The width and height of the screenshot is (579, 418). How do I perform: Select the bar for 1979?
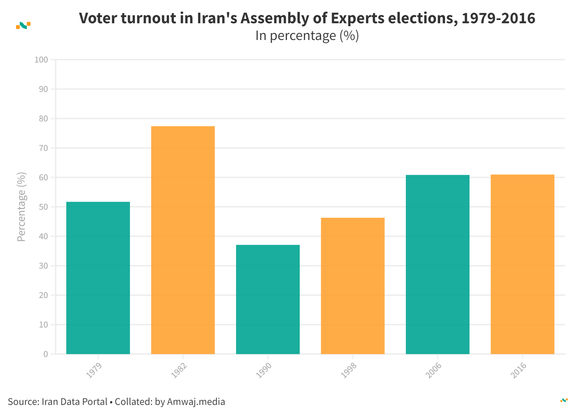pos(98,278)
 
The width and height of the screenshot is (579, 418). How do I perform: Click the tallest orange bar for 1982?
pos(183,240)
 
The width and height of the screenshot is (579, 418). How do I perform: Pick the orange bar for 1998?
pos(352,286)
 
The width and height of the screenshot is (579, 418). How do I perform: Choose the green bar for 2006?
pos(438,264)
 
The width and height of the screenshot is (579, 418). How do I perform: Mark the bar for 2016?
pos(522,264)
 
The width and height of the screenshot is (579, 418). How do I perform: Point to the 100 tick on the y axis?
pos(41,60)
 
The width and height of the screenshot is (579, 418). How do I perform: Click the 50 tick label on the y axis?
pos(43,207)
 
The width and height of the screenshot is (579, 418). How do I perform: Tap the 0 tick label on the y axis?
pos(45,354)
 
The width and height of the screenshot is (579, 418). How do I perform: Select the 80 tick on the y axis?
pos(43,118)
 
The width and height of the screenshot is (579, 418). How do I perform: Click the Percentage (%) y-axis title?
pos(21,207)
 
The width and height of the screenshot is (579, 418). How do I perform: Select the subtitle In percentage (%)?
pos(307,36)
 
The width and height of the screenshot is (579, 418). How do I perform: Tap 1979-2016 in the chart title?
pos(498,18)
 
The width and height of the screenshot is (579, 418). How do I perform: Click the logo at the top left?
pos(23,25)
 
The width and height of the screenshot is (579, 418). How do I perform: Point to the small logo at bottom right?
pos(564,400)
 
